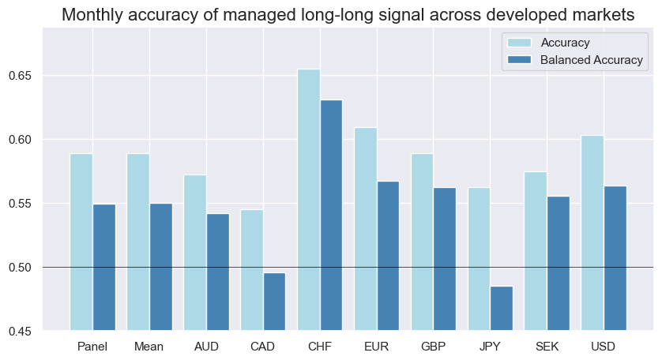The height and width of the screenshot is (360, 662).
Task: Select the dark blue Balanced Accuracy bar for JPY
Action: [502, 309]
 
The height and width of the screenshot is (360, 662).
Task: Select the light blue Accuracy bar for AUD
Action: [195, 253]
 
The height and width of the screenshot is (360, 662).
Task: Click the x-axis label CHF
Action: [320, 347]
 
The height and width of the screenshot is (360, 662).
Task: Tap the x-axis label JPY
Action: [490, 347]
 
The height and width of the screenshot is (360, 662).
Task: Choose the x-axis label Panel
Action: [92, 347]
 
